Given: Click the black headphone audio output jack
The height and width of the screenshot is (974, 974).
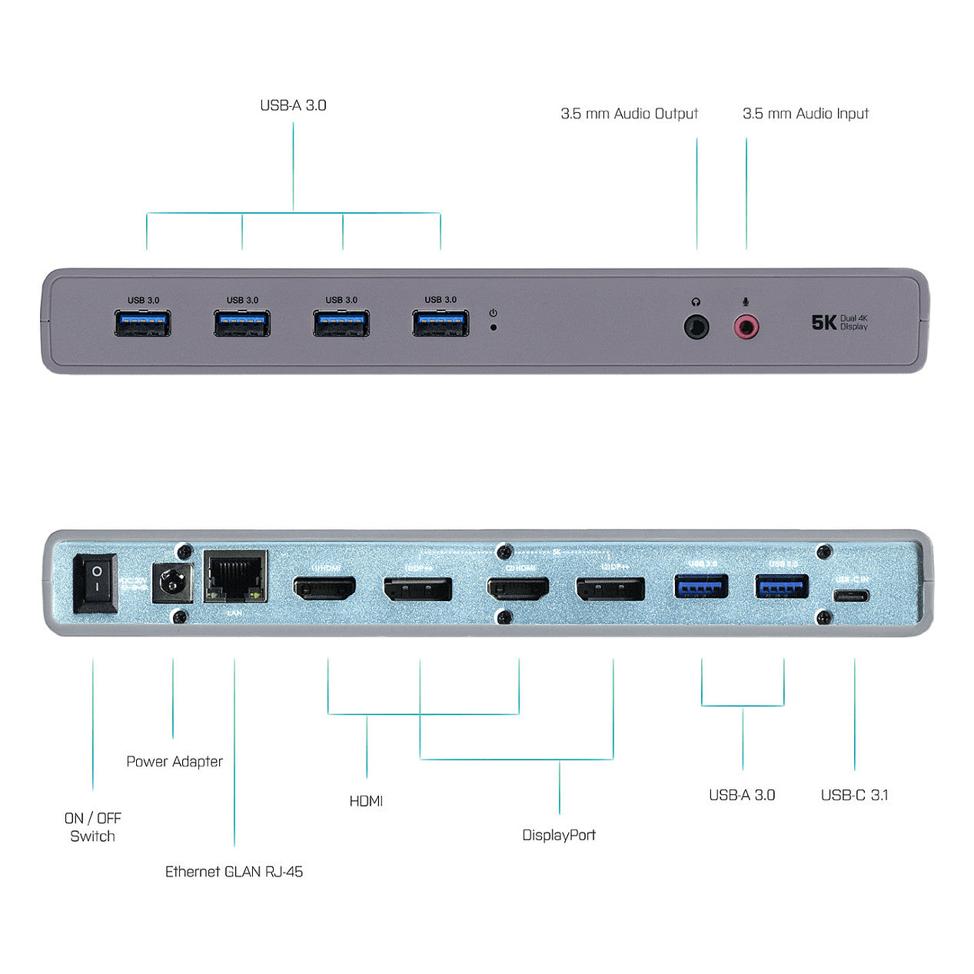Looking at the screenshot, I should pos(696,327).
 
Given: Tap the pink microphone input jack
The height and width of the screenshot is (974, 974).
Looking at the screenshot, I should pos(746,327).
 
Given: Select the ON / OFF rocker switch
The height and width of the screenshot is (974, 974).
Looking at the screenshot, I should pos(95,583).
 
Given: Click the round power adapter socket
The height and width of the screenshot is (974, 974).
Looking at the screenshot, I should pos(171,584).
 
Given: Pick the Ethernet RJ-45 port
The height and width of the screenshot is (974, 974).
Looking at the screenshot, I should pos(236,577).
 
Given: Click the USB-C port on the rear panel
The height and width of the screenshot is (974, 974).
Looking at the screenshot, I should pos(853,596).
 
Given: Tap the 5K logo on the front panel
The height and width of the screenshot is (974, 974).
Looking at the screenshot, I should pos(823,322).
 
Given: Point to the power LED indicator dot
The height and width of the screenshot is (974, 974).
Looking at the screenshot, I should pos(493,327).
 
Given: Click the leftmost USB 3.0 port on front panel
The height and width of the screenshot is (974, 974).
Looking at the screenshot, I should pos(142,323).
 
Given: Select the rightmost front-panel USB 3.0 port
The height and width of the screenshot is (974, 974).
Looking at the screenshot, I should pos(440,323).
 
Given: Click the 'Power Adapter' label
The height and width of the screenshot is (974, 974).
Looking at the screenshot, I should pos(175,761).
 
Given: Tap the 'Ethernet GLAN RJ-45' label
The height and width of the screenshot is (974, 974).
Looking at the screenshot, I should pos(234,871).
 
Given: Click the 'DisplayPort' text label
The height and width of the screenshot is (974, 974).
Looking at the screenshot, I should pos(559,835).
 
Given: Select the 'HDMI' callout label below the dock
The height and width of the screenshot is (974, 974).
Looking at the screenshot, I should pos(366,801).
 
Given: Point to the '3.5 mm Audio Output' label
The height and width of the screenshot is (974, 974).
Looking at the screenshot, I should pos(629,114).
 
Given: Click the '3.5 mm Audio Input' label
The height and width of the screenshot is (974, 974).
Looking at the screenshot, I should pos(806,114).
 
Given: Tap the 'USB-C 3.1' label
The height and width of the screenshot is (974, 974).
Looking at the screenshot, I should pos(854,795).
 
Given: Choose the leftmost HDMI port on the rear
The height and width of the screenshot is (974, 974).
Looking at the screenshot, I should pos(324,589).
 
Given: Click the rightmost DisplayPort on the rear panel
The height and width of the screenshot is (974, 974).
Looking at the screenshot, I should pos(610,590).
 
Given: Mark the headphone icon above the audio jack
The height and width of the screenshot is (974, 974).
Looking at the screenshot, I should pos(696,303).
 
